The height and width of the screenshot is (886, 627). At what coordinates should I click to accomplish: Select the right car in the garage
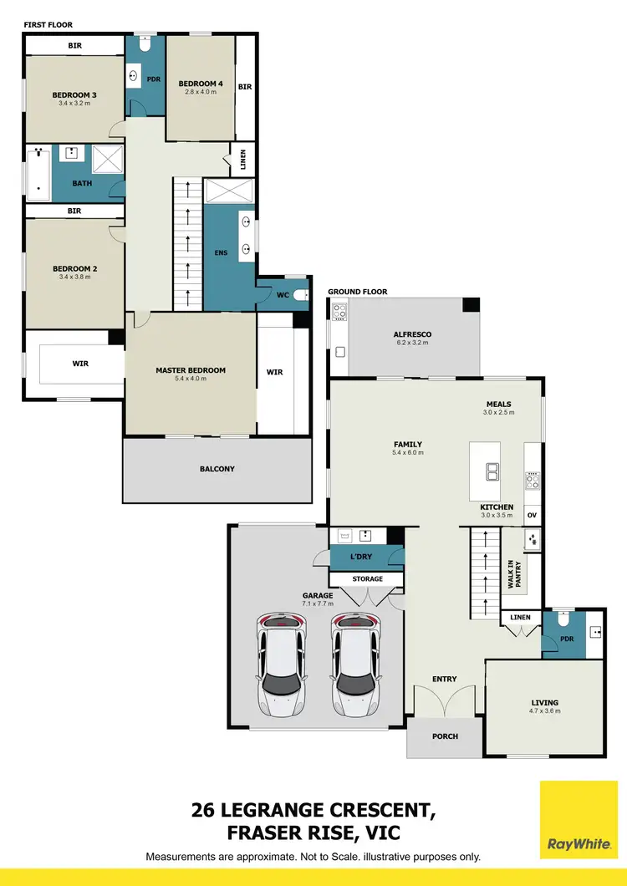354,664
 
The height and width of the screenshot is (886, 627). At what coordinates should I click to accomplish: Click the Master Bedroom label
191,370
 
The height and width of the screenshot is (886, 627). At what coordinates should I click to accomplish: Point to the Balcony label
217,469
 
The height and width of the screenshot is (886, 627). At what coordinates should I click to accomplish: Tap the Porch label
444,737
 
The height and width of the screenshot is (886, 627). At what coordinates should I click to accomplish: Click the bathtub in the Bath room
38,174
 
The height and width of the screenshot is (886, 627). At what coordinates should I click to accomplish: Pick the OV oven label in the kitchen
532,515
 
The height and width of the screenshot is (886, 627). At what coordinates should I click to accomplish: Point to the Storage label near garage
367,578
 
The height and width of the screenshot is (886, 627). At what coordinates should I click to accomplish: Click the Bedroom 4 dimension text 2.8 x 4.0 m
201,92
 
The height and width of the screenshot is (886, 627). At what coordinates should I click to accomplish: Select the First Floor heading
48,25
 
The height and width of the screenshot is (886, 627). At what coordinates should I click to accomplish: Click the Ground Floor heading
357,292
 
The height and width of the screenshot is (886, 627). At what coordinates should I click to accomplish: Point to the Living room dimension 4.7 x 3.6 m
544,711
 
